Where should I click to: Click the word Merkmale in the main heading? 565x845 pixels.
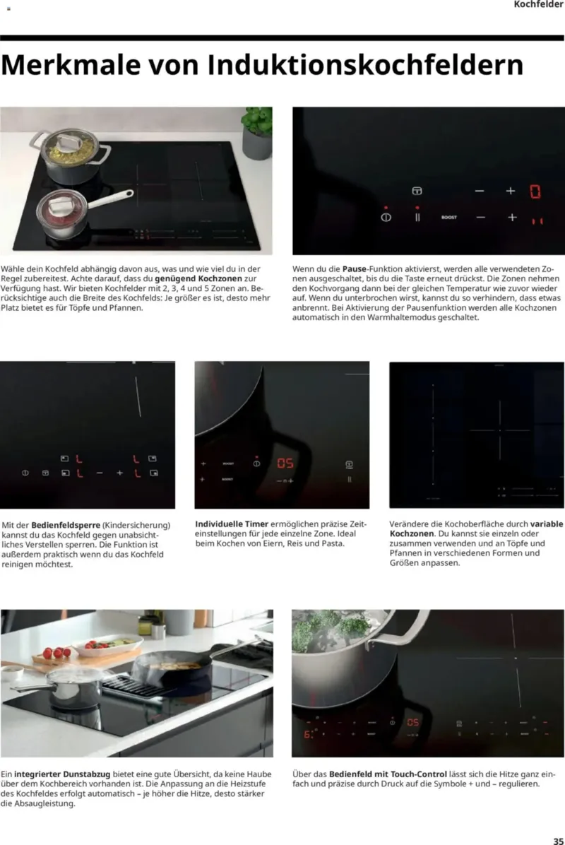pos(71,65)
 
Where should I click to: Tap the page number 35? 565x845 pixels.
pos(558,840)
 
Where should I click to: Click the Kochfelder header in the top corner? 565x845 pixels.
pos(538,4)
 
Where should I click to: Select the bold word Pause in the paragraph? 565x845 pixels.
pos(354,268)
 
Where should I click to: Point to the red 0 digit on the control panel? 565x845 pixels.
pos(535,191)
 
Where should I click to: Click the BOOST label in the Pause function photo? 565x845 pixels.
pos(448,218)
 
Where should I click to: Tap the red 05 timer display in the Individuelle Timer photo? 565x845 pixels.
pos(285,463)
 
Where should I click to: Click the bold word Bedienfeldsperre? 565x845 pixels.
pos(66,525)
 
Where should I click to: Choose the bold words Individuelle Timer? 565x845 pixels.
pos(232,524)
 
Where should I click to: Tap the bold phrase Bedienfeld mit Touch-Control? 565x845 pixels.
pos(388,774)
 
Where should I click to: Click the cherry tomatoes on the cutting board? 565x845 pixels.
pos(56,653)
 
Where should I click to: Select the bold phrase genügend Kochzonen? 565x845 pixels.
pos(198,278)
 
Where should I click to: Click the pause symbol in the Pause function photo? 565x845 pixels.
pos(417,217)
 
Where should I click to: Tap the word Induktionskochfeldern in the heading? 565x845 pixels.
pos(366,65)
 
